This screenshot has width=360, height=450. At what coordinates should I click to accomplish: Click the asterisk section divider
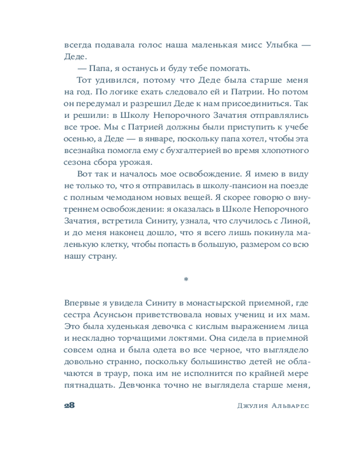click(x=186, y=280)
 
